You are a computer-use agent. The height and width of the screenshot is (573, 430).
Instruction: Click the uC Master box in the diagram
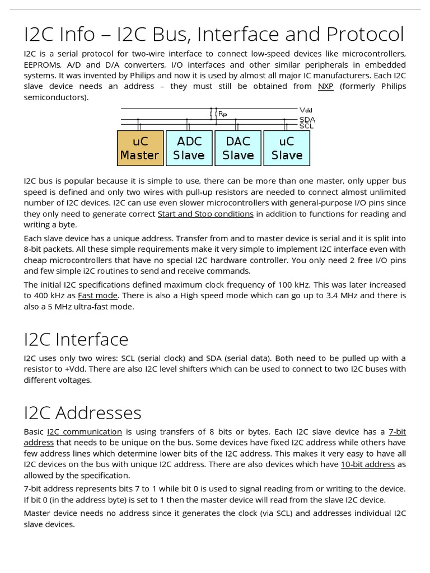pos(140,148)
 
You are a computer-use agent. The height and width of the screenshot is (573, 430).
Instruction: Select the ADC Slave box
pos(189,148)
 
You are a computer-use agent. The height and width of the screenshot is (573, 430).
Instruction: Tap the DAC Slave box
pos(238,148)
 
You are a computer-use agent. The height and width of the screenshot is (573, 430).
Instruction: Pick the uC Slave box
pos(287,148)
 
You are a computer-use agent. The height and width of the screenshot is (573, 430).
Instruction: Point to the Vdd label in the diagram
pos(306,110)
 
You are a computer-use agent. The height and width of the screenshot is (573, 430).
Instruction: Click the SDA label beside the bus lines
pos(306,119)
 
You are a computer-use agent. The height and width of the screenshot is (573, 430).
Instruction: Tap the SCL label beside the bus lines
pos(306,126)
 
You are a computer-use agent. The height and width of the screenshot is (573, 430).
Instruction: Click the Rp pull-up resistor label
pos(222,114)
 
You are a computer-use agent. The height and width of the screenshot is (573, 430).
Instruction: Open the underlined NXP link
pos(325,86)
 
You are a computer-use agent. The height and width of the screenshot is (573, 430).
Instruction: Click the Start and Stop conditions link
pos(205,214)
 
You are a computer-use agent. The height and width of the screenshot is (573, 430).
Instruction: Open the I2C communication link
pos(85,432)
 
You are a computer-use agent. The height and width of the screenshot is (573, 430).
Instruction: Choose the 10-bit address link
pos(368,464)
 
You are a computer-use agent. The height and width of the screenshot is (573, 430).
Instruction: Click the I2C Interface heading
pos(76,339)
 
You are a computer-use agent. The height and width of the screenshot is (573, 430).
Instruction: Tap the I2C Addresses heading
pos(83,413)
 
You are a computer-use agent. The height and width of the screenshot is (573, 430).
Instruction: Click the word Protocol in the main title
pos(364,35)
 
